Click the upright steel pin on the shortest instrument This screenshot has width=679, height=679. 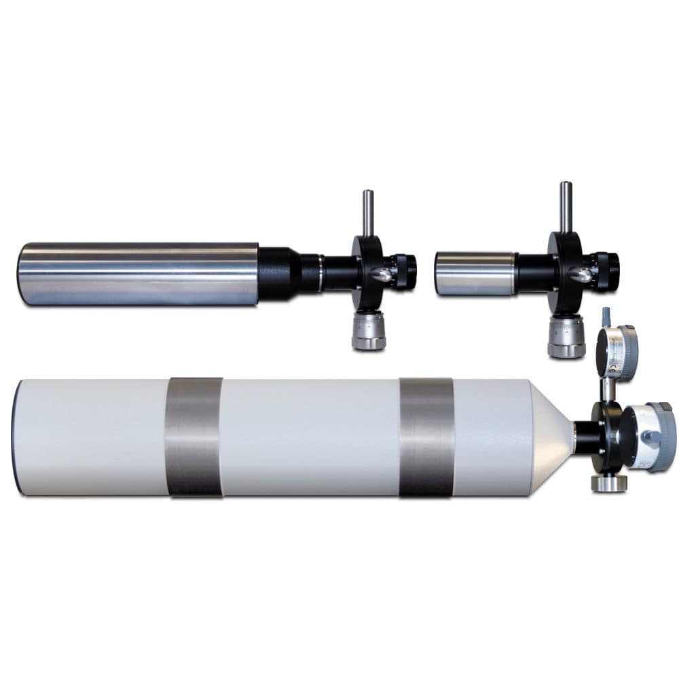[x=565, y=206]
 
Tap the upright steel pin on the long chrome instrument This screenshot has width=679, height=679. [x=368, y=213]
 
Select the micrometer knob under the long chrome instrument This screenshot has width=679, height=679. [x=369, y=331]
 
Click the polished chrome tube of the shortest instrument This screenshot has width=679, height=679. [x=474, y=274]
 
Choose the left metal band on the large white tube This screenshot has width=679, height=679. [x=194, y=437]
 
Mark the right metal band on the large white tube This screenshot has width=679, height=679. [x=426, y=437]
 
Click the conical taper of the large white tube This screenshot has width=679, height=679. [x=551, y=437]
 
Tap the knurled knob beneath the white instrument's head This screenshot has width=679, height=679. [x=608, y=483]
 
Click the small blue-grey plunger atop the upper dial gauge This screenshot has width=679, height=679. [x=606, y=316]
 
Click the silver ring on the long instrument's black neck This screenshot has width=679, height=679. [x=319, y=273]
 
